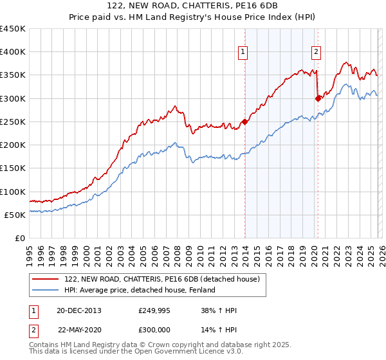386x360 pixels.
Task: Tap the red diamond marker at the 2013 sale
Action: point(244,122)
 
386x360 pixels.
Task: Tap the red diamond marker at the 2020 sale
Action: point(318,98)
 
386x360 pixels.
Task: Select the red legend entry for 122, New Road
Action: point(161,279)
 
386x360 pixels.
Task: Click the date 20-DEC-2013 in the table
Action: point(78,310)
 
